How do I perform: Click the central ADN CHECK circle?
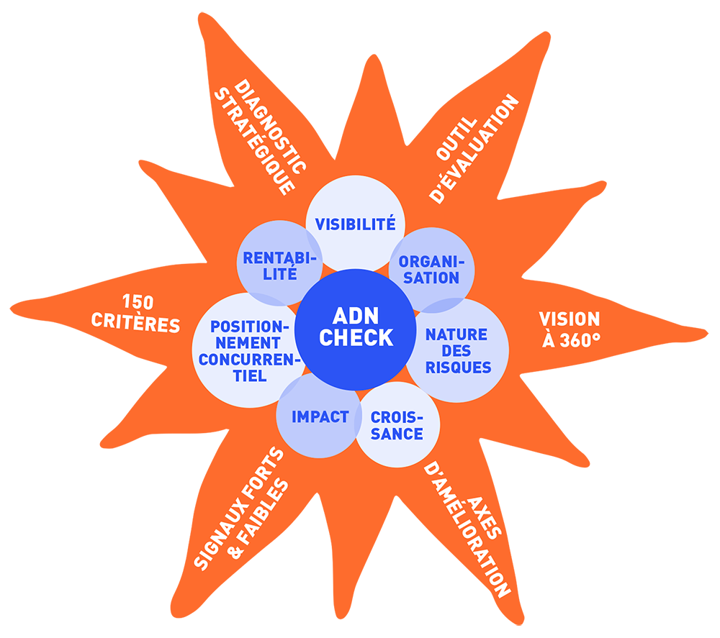pyautogui.click(x=356, y=328)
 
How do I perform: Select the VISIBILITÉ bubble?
pyautogui.click(x=355, y=216)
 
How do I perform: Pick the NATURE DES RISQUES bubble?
pyautogui.click(x=458, y=351)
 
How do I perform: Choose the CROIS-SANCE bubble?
pyautogui.click(x=397, y=426)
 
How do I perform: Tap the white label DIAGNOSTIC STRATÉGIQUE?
pyautogui.click(x=260, y=137)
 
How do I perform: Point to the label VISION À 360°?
pyautogui.click(x=570, y=329)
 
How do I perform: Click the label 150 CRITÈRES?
pyautogui.click(x=136, y=313)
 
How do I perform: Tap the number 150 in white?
pyautogui.click(x=138, y=302)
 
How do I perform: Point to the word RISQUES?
pyautogui.click(x=458, y=368)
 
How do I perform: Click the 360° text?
pyautogui.click(x=580, y=340)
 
